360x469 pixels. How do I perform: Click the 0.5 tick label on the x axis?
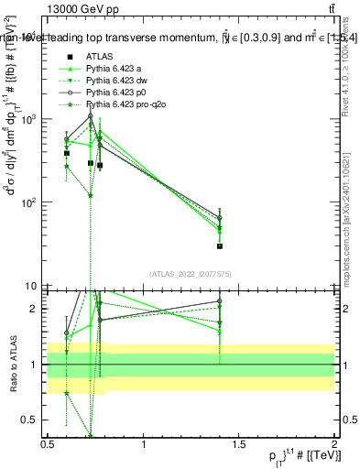pos(48,444)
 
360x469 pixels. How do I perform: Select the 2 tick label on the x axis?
pos(334,444)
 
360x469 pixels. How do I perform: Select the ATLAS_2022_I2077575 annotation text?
pos(191,273)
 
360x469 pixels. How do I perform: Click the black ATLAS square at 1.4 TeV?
pos(220,245)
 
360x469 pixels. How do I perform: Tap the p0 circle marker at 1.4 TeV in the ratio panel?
pos(220,301)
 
